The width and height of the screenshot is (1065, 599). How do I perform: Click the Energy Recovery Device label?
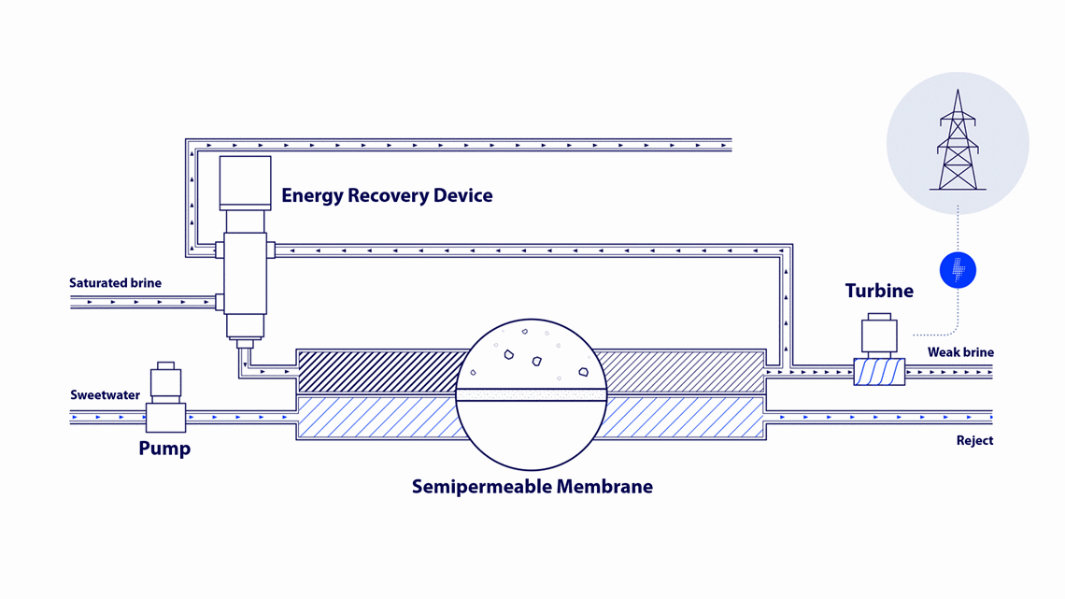pyautogui.click(x=387, y=196)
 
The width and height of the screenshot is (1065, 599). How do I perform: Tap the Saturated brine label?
pyautogui.click(x=115, y=283)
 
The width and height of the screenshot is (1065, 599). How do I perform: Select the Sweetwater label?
pyautogui.click(x=105, y=395)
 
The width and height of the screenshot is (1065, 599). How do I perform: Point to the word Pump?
pyautogui.click(x=164, y=449)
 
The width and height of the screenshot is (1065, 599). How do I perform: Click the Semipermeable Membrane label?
pyautogui.click(x=532, y=487)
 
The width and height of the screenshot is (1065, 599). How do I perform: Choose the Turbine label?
pyautogui.click(x=879, y=292)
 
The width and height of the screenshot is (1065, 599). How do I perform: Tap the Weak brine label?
pyautogui.click(x=960, y=352)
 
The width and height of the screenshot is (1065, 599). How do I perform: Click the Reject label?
pyautogui.click(x=974, y=441)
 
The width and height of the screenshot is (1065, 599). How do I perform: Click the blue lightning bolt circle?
pyautogui.click(x=958, y=270)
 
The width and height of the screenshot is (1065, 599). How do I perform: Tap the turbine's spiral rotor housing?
pyautogui.click(x=879, y=372)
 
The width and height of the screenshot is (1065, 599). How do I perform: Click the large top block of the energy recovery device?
pyautogui.click(x=245, y=180)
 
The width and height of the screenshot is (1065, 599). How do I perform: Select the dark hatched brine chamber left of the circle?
pyautogui.click(x=378, y=371)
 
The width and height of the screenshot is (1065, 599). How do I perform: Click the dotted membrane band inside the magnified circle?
pyautogui.click(x=531, y=395)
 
